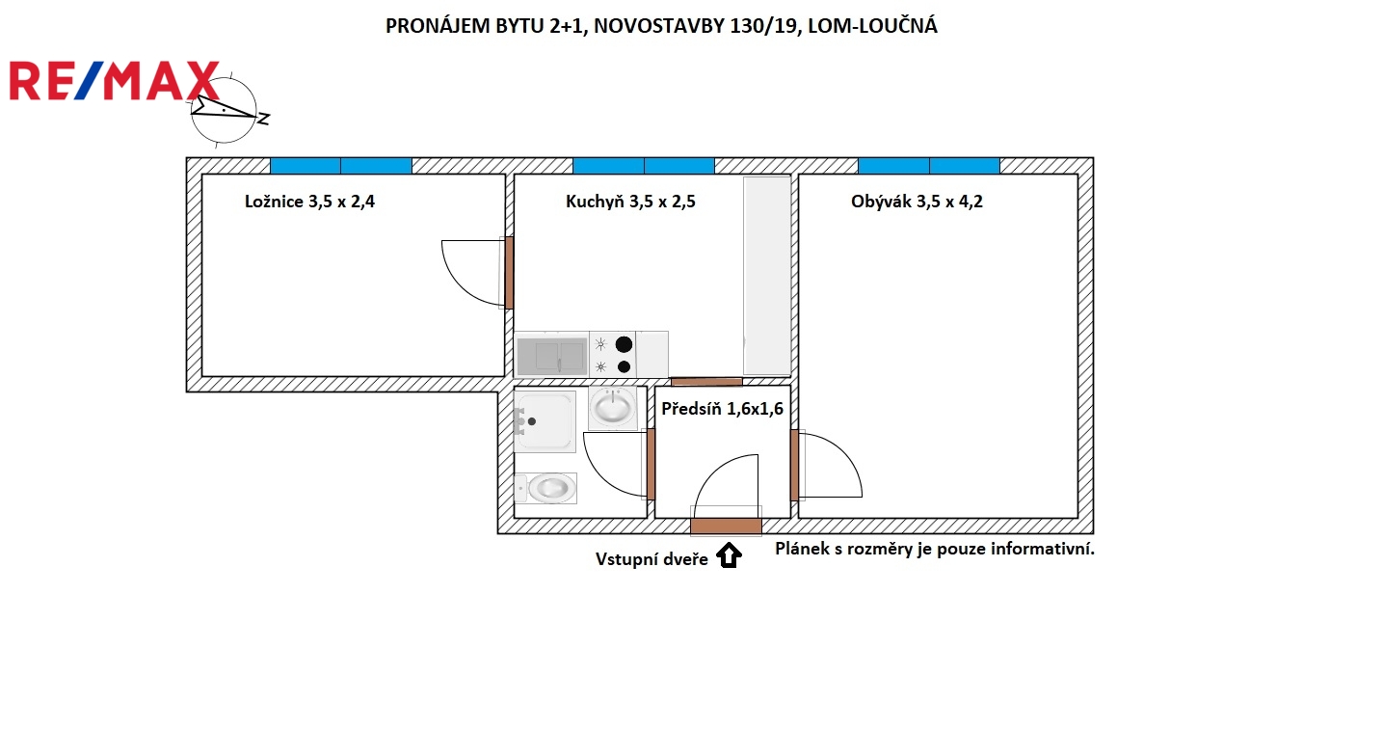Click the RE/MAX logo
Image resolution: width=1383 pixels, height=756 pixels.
[x=115, y=80]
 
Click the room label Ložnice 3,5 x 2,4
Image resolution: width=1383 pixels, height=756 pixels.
[x=309, y=202]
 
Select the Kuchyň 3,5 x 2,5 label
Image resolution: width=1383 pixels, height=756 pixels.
[x=630, y=202]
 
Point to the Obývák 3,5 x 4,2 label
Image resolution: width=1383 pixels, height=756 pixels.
[x=917, y=202]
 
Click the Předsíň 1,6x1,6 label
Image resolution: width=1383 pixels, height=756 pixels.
[x=723, y=408]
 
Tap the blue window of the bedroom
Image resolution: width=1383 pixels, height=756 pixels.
[x=341, y=166]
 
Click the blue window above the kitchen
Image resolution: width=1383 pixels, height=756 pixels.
[x=644, y=166]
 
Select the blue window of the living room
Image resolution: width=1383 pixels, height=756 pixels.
[x=929, y=166]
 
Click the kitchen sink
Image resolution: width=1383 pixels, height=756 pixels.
[x=551, y=357]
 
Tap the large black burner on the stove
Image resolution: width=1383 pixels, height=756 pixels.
[x=625, y=344]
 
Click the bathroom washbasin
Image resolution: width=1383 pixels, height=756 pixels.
[x=613, y=407]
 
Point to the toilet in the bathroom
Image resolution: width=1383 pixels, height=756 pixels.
[x=545, y=488]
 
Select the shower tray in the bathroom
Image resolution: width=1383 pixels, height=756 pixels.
[x=545, y=421]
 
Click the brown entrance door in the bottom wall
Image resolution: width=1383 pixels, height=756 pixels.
[x=726, y=526]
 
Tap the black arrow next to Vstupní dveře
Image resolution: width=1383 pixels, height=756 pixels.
[x=730, y=554]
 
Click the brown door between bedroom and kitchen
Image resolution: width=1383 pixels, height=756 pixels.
[x=510, y=272]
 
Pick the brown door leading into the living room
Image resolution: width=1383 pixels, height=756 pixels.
[x=794, y=465]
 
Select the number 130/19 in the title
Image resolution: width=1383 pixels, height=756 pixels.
[x=763, y=26]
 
